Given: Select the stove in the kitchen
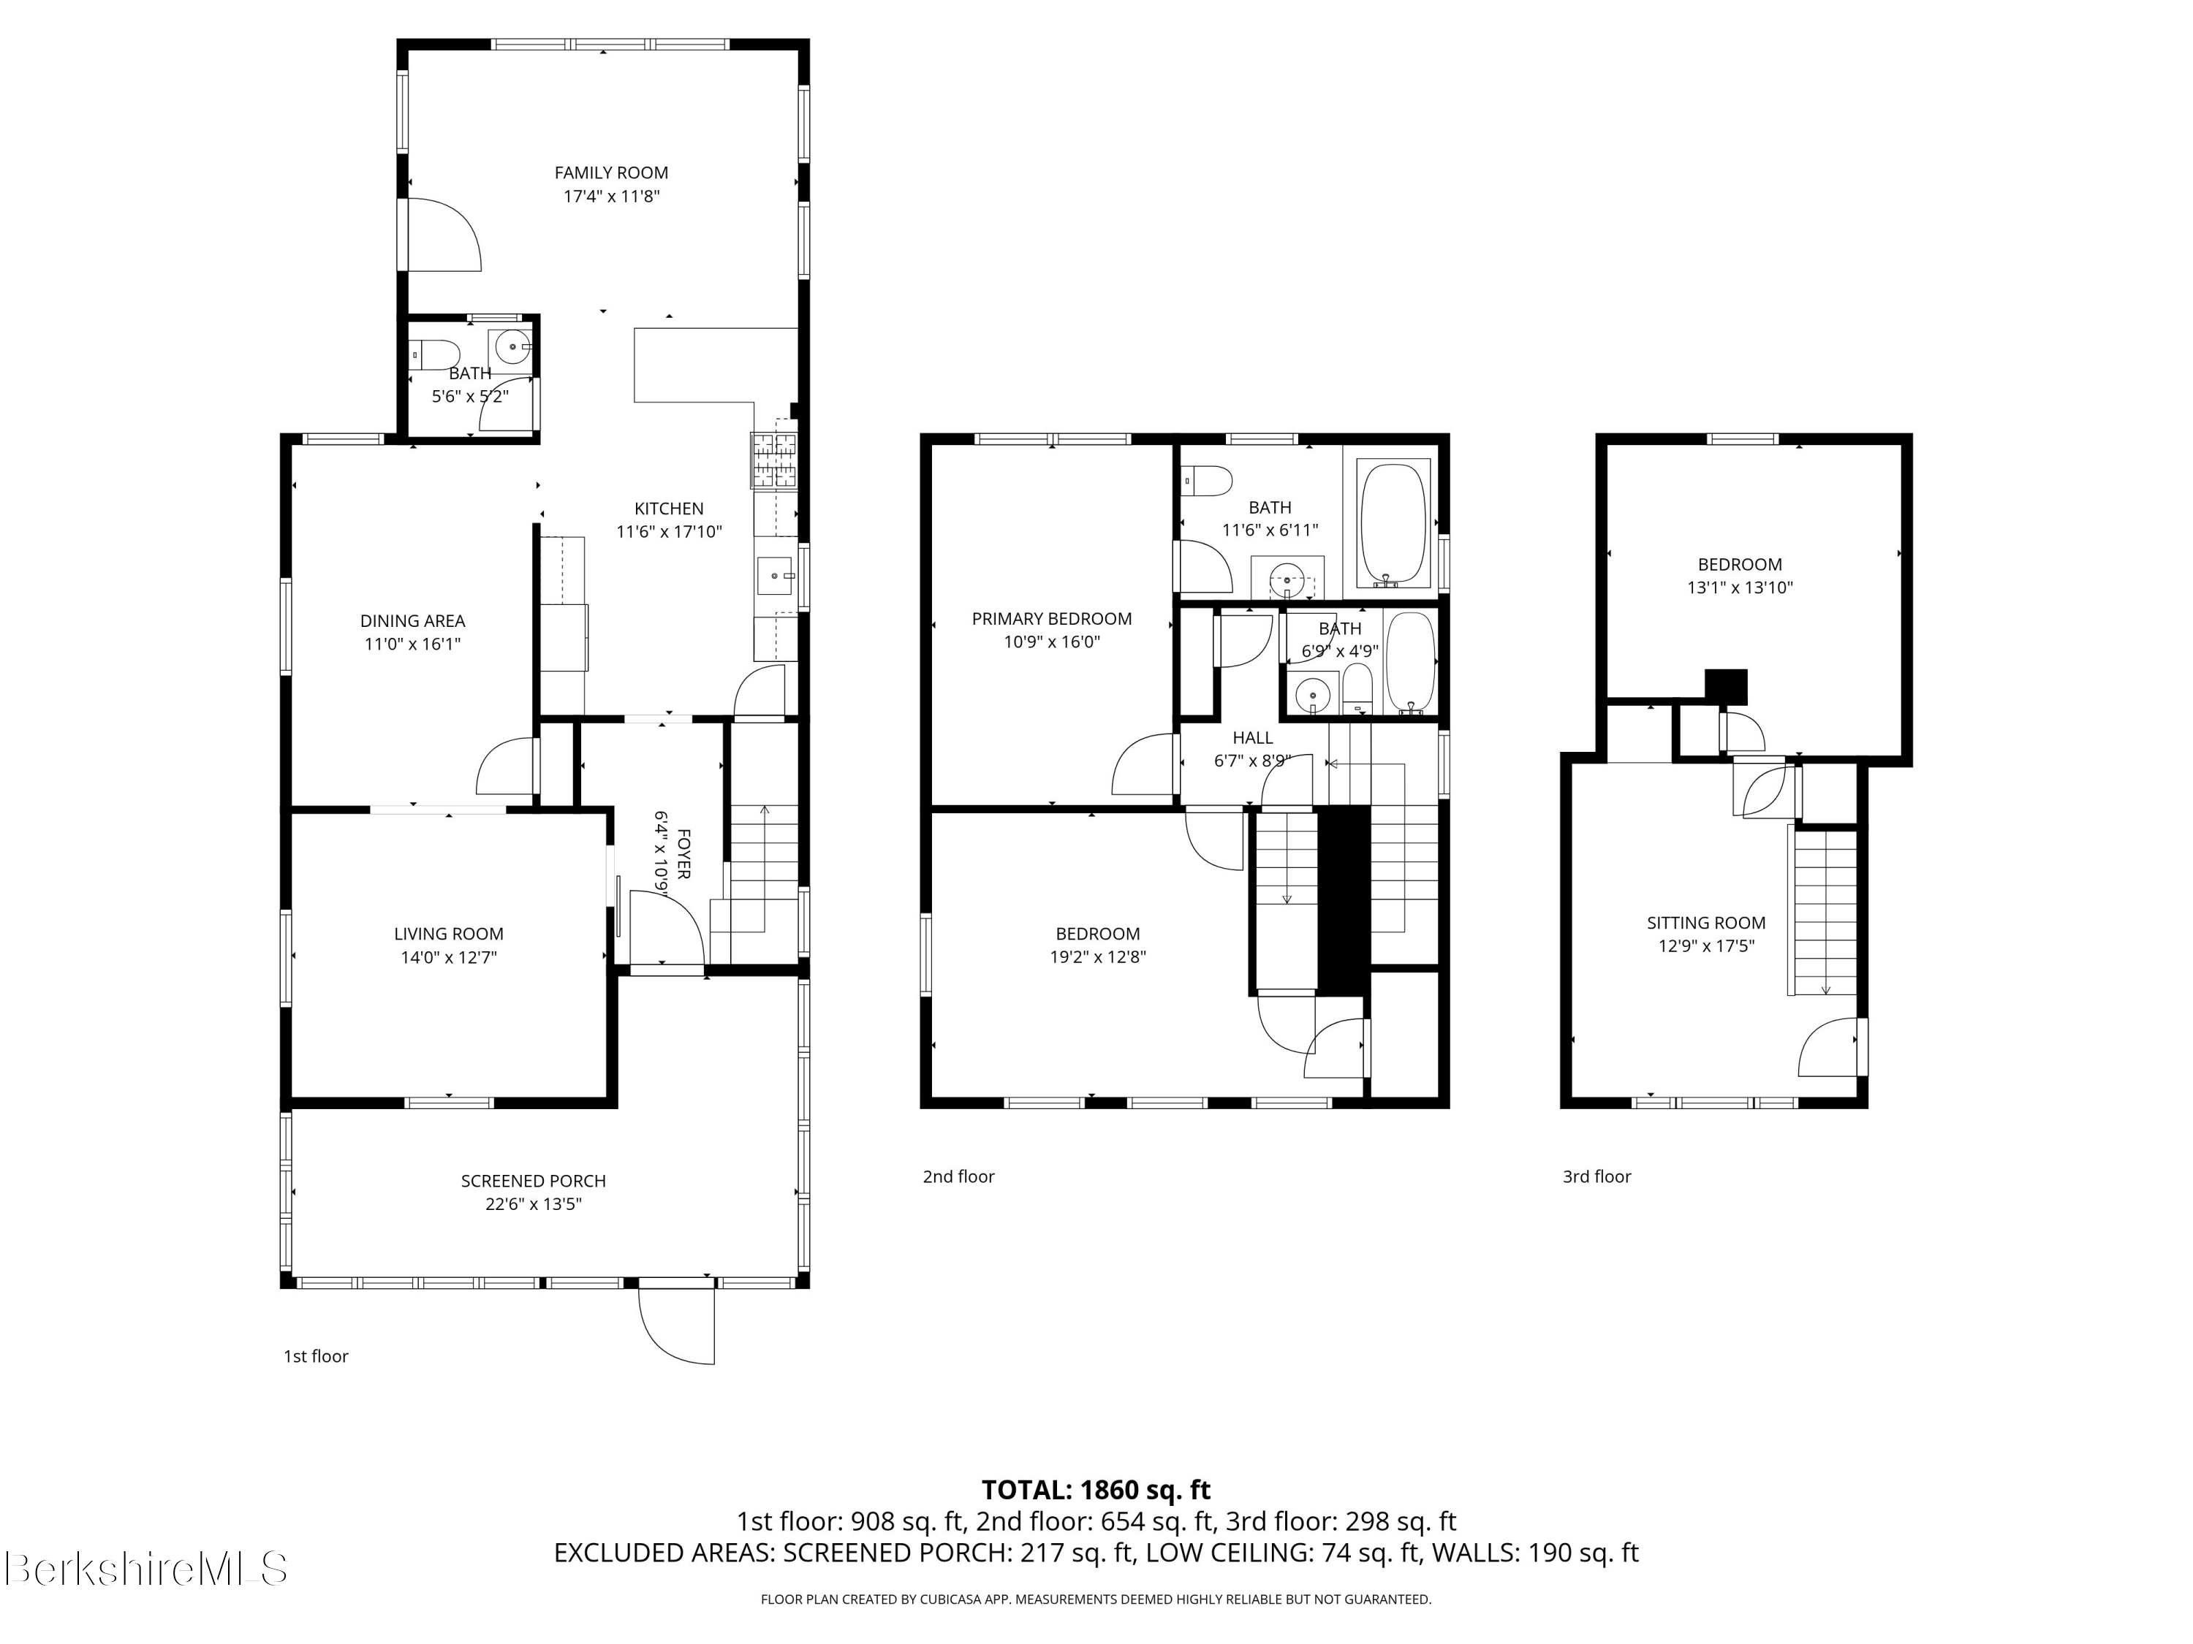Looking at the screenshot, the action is click(774, 462).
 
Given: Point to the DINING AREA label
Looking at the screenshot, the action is click(412, 621).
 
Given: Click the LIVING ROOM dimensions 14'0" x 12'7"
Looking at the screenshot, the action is click(448, 957).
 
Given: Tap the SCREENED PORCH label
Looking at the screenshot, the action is click(534, 1181).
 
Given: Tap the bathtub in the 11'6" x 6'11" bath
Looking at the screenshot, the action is click(1394, 525).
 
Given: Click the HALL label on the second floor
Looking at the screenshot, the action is click(1253, 738).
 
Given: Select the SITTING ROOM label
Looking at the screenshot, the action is click(1706, 923).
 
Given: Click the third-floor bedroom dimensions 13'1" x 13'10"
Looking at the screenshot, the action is click(1740, 587).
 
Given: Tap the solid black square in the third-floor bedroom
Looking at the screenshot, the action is click(1726, 687).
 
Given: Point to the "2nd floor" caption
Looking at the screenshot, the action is click(958, 1176).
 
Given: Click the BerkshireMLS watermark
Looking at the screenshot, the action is click(145, 1568).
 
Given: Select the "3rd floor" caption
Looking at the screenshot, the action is click(1597, 1176).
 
